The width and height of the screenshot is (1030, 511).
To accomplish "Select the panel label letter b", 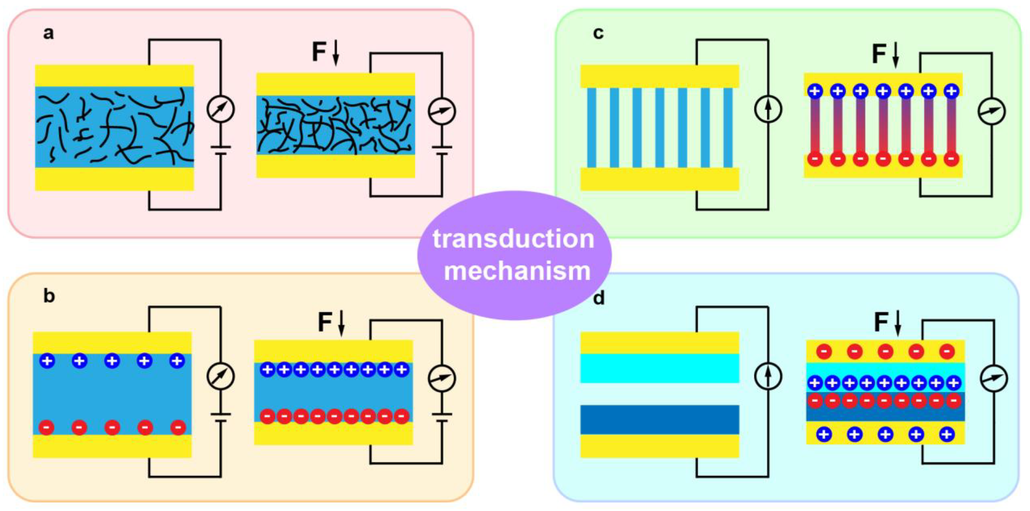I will (49, 296).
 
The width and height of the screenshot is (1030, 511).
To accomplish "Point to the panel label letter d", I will (599, 298).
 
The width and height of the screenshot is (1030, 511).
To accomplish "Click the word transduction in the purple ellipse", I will (514, 239).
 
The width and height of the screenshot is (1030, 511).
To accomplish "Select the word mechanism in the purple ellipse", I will (517, 271).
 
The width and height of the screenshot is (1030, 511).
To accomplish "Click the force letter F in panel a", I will (319, 52).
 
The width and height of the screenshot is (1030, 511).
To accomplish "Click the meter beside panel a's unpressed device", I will (220, 109).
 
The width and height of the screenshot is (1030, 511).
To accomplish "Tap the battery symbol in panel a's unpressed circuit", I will (220, 149).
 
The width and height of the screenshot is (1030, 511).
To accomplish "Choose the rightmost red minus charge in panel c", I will (952, 159).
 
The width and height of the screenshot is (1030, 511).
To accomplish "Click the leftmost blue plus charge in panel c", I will (815, 91).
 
